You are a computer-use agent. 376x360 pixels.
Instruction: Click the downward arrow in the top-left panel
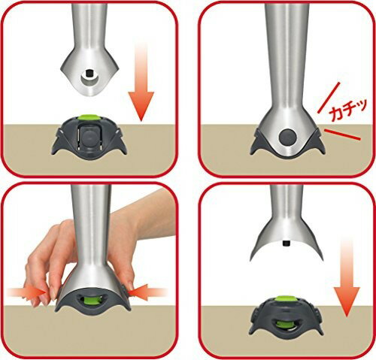(141, 83)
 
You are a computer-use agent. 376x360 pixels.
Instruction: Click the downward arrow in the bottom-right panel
(347, 277)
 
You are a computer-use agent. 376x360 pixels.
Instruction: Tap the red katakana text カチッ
(348, 110)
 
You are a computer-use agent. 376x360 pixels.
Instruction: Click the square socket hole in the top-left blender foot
(88, 74)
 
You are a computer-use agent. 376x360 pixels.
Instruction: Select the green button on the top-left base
(88, 117)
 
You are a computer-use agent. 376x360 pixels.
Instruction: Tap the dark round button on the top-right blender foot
(287, 137)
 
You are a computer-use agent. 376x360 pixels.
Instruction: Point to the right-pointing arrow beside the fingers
(26, 292)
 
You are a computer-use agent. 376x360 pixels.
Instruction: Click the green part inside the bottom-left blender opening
(92, 301)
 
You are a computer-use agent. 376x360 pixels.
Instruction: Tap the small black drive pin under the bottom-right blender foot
(287, 243)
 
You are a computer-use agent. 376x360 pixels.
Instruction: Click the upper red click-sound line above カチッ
(329, 98)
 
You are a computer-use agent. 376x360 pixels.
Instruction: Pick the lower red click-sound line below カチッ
(342, 135)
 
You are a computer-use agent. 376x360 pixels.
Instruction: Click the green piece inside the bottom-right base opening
(285, 325)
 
